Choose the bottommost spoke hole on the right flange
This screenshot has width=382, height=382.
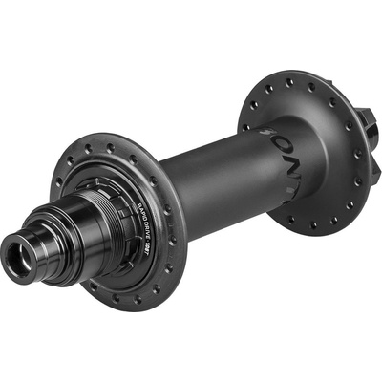[314, 226]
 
